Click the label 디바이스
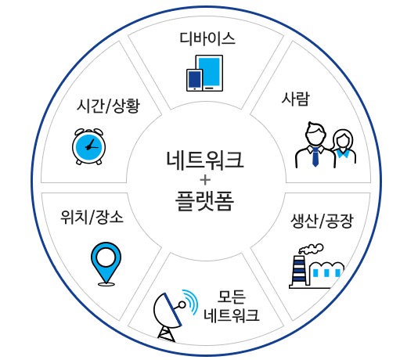207,38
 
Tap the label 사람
296,99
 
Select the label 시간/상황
108,106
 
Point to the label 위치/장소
92,217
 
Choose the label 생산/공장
322,221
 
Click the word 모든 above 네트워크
232,297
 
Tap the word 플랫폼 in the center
205,201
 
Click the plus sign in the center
205,180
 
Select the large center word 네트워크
205,160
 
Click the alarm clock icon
88,146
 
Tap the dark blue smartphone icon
195,80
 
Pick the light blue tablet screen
209,72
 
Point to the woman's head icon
343,139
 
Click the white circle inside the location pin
106,257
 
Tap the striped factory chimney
298,271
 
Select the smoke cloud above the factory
311,249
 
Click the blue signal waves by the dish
191,301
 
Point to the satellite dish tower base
167,334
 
